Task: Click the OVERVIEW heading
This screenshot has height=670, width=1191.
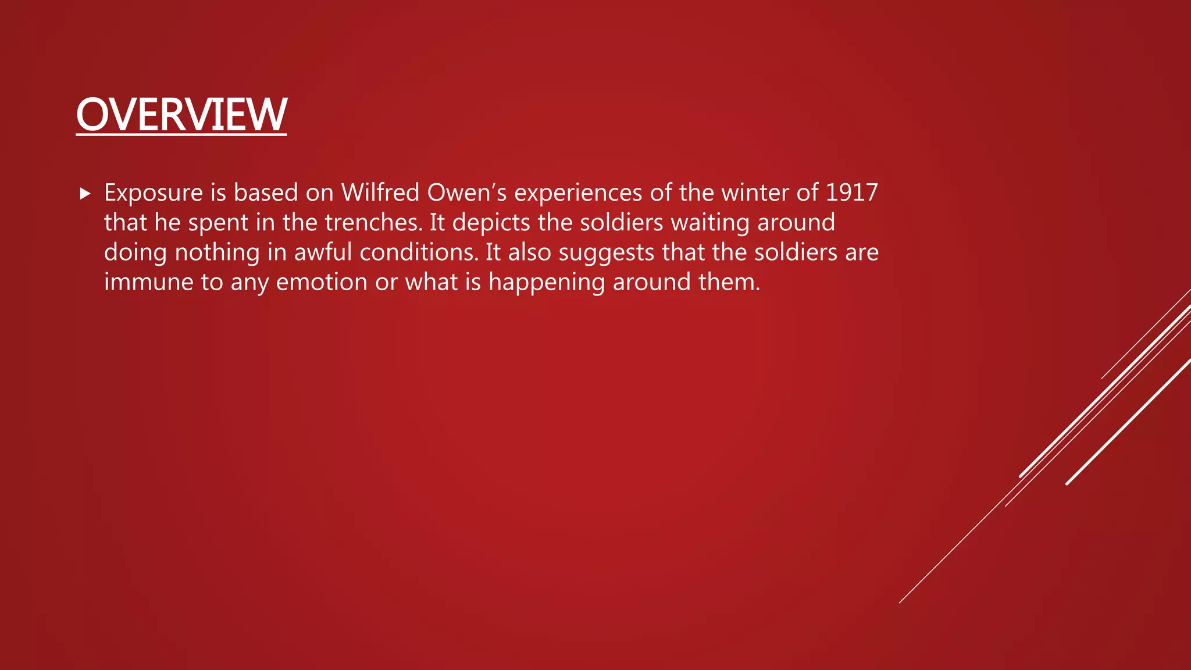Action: point(181,115)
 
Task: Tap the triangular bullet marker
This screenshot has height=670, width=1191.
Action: point(85,194)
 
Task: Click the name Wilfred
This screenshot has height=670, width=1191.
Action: point(380,193)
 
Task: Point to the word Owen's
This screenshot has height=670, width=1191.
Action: point(467,193)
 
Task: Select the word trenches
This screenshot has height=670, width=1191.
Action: point(373,223)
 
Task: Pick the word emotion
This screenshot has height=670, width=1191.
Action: point(322,282)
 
